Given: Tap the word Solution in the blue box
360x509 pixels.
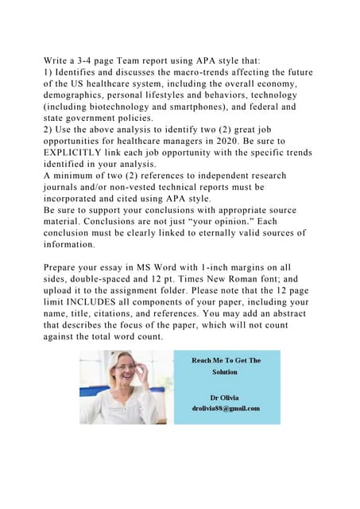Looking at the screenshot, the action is click(225, 371).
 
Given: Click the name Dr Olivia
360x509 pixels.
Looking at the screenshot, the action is click(224, 397).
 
